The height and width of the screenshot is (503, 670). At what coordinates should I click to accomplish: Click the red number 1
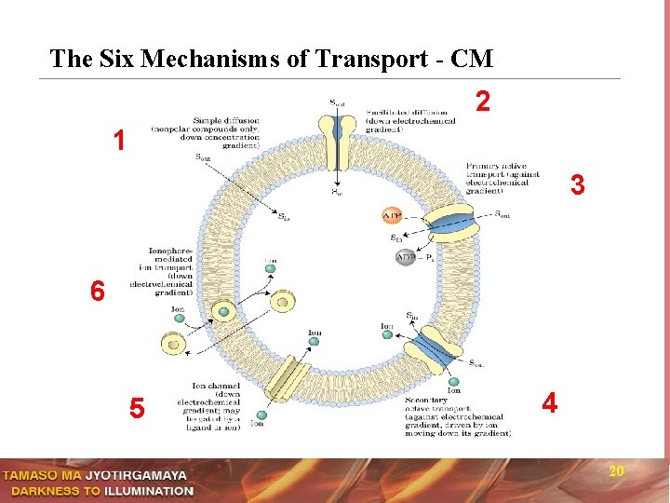(118, 141)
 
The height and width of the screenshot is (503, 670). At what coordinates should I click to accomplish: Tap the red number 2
(482, 101)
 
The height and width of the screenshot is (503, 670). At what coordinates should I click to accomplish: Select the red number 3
(578, 185)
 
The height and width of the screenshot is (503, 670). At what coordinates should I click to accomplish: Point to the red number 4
(550, 402)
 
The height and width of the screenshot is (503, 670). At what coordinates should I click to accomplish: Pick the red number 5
(137, 408)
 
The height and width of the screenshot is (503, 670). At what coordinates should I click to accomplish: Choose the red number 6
(98, 291)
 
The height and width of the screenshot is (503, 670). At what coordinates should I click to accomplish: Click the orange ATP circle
(392, 216)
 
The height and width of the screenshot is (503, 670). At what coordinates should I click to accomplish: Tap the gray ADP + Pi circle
(406, 256)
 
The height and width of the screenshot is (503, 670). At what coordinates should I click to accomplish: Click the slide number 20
(615, 472)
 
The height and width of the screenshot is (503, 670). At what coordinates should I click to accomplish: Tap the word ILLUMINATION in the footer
(149, 491)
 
